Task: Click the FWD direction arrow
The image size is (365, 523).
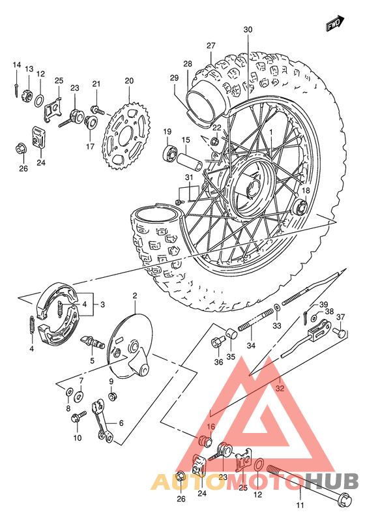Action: (336, 24)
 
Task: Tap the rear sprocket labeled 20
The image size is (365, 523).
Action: (128, 133)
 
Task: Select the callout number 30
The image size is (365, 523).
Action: (248, 30)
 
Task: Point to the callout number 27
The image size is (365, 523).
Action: (211, 45)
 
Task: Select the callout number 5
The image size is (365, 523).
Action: (92, 360)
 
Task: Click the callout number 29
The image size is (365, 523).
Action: (175, 78)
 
